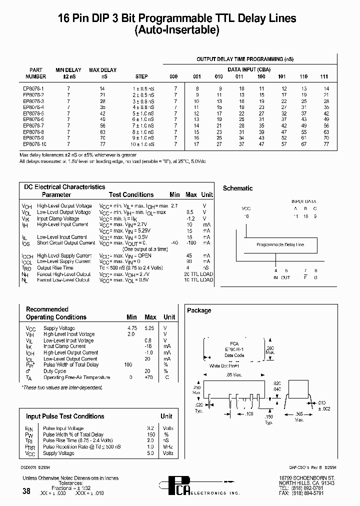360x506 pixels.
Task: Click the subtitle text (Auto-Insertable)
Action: tap(177, 30)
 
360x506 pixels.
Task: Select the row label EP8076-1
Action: tap(33, 88)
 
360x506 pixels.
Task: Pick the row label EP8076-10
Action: tap(34, 144)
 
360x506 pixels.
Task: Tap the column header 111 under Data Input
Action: tap(324, 76)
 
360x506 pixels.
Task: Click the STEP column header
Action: tap(141, 76)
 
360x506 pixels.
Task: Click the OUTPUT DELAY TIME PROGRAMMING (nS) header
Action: tap(245, 59)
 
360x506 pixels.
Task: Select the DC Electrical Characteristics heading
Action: tap(65, 187)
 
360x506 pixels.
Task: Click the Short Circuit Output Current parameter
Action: tap(65, 243)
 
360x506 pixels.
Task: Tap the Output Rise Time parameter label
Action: tap(55, 268)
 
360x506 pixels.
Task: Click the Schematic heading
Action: tap(237, 188)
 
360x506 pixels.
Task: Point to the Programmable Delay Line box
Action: tap(280, 245)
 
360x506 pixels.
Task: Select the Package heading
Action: tap(199, 310)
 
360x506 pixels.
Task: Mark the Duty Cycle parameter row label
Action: tap(54, 371)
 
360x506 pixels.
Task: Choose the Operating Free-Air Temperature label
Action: tap(76, 377)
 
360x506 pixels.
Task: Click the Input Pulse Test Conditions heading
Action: tap(65, 416)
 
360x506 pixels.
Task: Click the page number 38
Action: tap(26, 491)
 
